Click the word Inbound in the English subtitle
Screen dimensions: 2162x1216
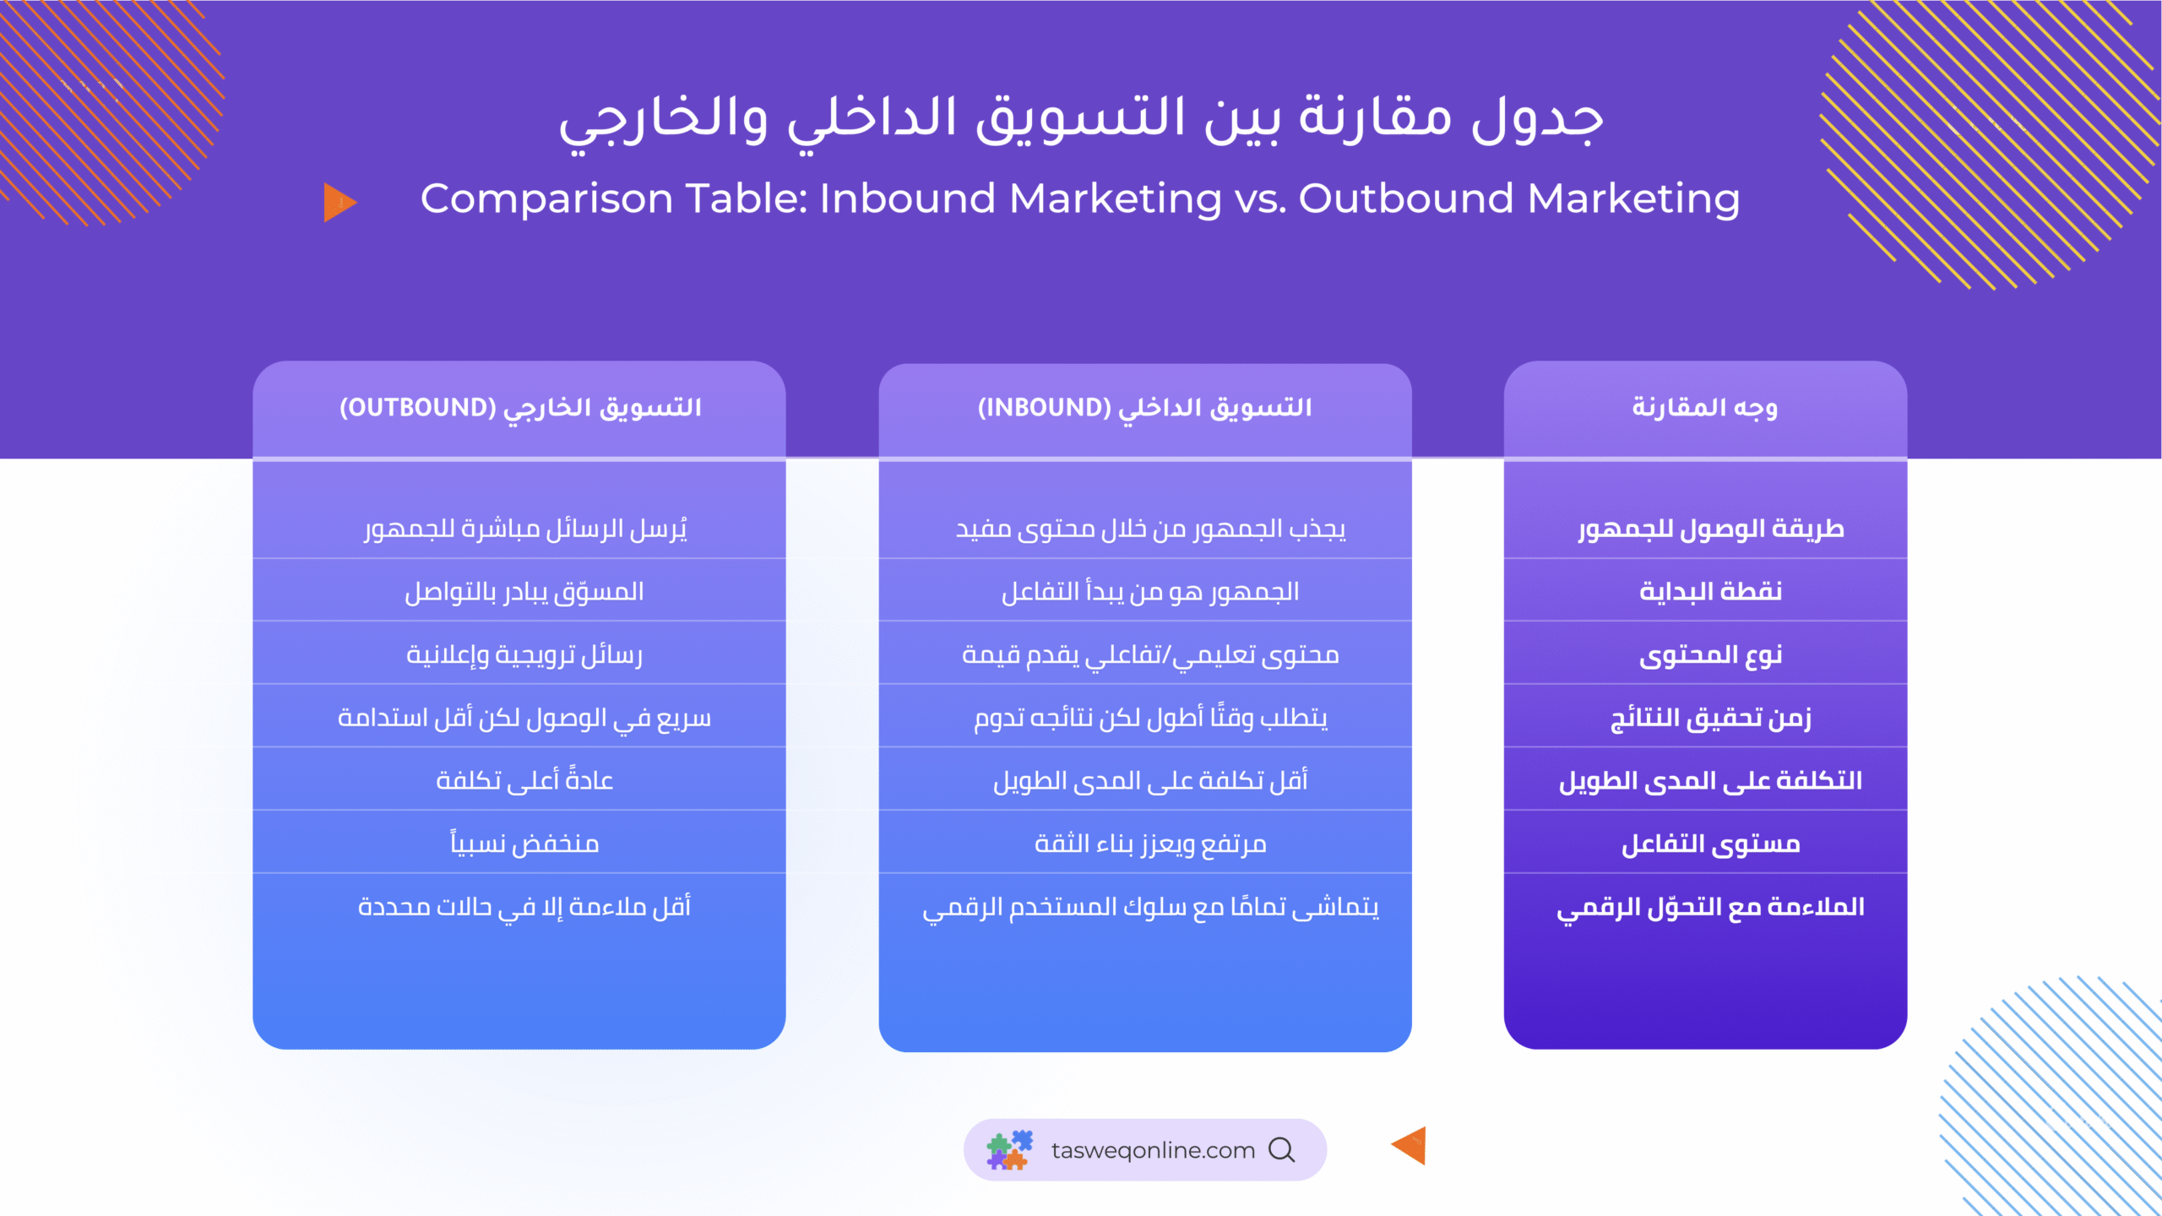pyautogui.click(x=908, y=199)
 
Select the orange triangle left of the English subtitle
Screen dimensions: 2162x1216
pyautogui.click(x=340, y=203)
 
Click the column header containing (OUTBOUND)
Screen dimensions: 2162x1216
pyautogui.click(x=520, y=409)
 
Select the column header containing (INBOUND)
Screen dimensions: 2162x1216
pyautogui.click(x=1144, y=409)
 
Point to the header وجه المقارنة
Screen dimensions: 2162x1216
pyautogui.click(x=1704, y=408)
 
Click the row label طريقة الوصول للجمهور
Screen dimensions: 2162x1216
pyautogui.click(x=1711, y=529)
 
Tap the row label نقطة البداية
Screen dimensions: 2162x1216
pyautogui.click(x=1711, y=592)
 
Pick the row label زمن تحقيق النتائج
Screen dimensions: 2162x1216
pyautogui.click(x=1711, y=719)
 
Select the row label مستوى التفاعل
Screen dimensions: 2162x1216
pyautogui.click(x=1711, y=844)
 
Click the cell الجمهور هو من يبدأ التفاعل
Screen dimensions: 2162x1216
pyautogui.click(x=1150, y=592)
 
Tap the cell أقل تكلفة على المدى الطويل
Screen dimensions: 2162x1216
pyautogui.click(x=1150, y=781)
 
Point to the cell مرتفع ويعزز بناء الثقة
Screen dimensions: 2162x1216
pyautogui.click(x=1150, y=844)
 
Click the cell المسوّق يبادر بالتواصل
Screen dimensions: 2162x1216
pyautogui.click(x=524, y=592)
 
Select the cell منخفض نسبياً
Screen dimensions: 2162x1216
pyautogui.click(x=524, y=843)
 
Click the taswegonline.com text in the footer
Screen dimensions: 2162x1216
pyautogui.click(x=1153, y=1150)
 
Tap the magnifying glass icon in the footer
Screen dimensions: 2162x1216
pyautogui.click(x=1282, y=1150)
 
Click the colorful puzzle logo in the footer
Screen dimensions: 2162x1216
pyautogui.click(x=1010, y=1150)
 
